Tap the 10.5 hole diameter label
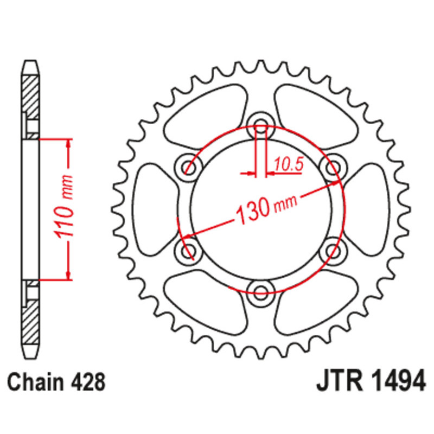click(289, 165)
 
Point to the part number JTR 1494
click(371, 381)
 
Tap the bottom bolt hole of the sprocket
click(261, 293)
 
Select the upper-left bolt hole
click(188, 168)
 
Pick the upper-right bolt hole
click(333, 168)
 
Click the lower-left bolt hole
click(188, 251)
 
